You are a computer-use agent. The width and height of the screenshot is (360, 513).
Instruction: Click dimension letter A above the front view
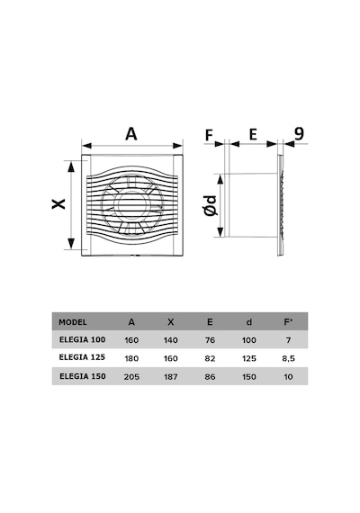pyautogui.click(x=131, y=134)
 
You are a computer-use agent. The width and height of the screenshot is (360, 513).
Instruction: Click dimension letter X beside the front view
pyautogui.click(x=58, y=203)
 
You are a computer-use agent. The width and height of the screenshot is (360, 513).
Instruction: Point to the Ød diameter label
pyautogui.click(x=210, y=205)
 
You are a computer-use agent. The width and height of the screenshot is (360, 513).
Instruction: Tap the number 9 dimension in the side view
pyautogui.click(x=299, y=133)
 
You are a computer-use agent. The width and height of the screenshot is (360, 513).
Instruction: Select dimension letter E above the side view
pyautogui.click(x=253, y=134)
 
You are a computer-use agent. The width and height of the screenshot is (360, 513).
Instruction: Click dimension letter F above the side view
pyautogui.click(x=209, y=135)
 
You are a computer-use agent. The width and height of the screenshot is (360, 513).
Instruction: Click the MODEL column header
pyautogui.click(x=73, y=322)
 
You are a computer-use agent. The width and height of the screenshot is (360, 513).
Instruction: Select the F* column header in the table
pyautogui.click(x=288, y=322)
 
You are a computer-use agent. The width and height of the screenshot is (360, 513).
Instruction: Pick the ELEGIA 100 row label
pyautogui.click(x=83, y=339)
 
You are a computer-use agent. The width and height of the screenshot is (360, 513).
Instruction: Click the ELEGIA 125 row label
pyautogui.click(x=82, y=357)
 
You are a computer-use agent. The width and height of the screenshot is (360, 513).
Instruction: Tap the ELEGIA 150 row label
pyautogui.click(x=83, y=376)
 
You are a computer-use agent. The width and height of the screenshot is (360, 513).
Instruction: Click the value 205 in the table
pyautogui.click(x=131, y=377)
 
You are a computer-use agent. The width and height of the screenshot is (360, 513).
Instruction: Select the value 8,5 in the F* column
pyautogui.click(x=288, y=358)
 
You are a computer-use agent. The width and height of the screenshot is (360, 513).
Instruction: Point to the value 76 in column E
pyautogui.click(x=210, y=340)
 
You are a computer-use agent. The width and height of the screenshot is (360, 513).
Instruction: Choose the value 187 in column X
pyautogui.click(x=170, y=377)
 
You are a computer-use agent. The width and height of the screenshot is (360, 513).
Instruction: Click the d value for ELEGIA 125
pyautogui.click(x=249, y=358)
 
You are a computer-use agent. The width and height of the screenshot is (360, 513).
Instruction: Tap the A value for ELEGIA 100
pyautogui.click(x=131, y=340)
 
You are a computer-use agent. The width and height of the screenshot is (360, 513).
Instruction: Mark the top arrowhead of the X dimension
pyautogui.click(x=71, y=166)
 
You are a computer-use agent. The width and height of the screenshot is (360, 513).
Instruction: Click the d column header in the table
pyautogui.click(x=249, y=322)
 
